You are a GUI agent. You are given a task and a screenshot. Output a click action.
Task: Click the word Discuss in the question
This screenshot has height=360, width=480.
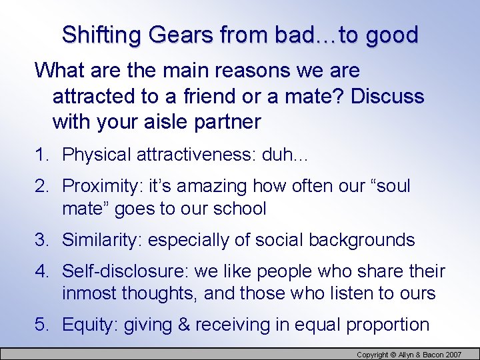[387, 96]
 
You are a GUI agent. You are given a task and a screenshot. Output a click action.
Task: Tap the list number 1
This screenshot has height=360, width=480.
[41, 155]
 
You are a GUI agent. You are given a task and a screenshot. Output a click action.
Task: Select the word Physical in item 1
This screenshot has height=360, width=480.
[97, 155]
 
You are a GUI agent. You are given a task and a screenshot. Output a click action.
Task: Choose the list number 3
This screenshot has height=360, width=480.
[41, 240]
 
